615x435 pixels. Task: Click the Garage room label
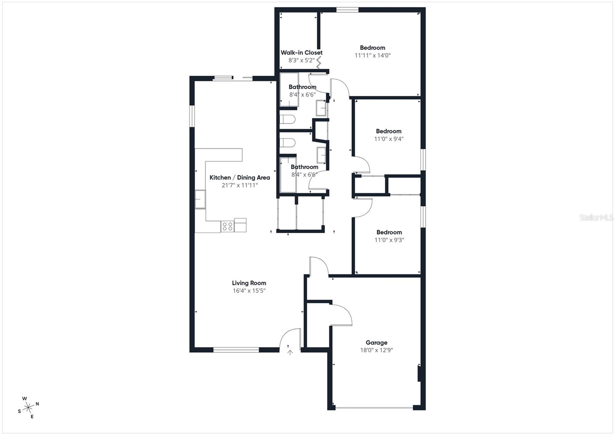[x=376, y=342]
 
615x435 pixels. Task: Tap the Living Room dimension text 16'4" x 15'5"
[x=249, y=291]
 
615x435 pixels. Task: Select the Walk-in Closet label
[x=301, y=53]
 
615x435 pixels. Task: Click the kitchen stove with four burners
[x=227, y=226]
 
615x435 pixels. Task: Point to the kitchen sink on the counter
[x=200, y=199]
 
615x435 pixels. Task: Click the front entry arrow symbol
[x=290, y=352]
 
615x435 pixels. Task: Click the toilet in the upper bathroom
[x=287, y=120]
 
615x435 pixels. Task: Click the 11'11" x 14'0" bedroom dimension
[x=372, y=55]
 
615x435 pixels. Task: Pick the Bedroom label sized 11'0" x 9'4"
[x=389, y=131]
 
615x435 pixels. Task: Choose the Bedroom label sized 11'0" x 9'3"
[x=389, y=232]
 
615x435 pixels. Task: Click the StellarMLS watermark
[x=596, y=218]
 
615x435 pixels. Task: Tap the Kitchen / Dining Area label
[x=239, y=178]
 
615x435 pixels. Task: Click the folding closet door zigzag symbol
[x=318, y=62]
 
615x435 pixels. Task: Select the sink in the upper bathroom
[x=321, y=108]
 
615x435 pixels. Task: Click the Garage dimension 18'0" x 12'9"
[x=376, y=350]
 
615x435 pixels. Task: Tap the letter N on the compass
[x=37, y=404]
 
